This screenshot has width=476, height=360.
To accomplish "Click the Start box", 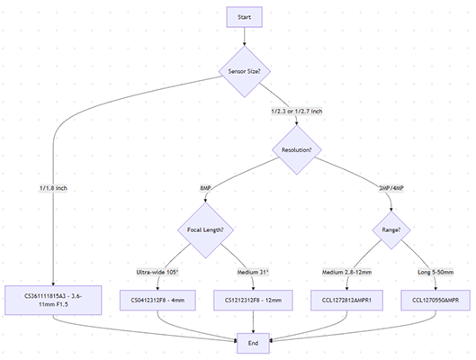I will pos(245,17).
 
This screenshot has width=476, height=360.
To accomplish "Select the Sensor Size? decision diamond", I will pos(245,69).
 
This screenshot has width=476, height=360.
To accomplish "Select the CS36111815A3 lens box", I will pos(55,300).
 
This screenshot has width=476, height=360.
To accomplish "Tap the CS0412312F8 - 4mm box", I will pos(159,300).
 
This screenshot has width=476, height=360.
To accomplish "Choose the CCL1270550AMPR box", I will pos(436,300).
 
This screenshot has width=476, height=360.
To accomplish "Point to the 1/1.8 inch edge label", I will pos(54,188).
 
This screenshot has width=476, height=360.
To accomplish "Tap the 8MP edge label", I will pos(206,188).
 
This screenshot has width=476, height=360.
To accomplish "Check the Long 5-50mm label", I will pos(435,269).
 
